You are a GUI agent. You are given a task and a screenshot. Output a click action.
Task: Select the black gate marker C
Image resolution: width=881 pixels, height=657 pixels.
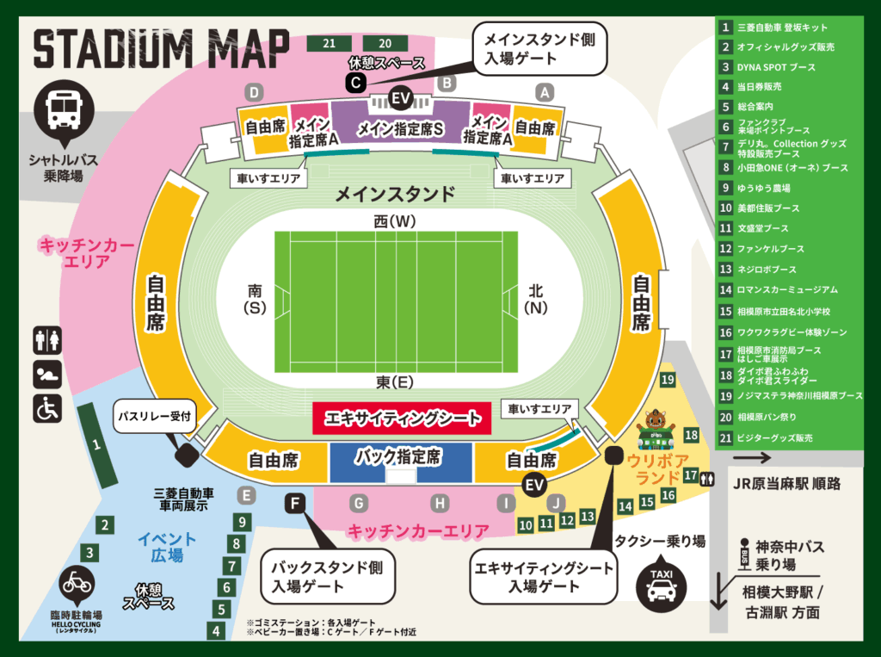(356, 82)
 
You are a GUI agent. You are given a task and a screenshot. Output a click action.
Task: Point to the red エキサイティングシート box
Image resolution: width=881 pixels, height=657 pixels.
(402, 418)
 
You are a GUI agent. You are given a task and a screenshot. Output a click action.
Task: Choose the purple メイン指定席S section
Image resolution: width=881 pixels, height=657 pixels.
(400, 129)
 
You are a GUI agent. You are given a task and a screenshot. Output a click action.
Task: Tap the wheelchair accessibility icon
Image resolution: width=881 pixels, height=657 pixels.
(47, 408)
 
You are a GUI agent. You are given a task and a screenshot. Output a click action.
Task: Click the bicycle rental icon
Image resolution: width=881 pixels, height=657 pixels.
(77, 583)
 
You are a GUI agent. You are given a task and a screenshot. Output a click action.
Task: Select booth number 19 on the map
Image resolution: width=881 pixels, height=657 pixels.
(668, 379)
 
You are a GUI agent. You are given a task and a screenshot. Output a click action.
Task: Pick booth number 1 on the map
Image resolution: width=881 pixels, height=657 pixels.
(96, 445)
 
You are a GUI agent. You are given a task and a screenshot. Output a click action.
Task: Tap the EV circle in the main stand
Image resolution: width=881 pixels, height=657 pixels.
(400, 98)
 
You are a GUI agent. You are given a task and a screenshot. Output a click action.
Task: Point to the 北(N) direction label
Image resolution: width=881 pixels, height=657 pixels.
(535, 299)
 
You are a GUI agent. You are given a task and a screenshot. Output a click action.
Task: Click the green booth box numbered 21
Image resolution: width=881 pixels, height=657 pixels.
(330, 43)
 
